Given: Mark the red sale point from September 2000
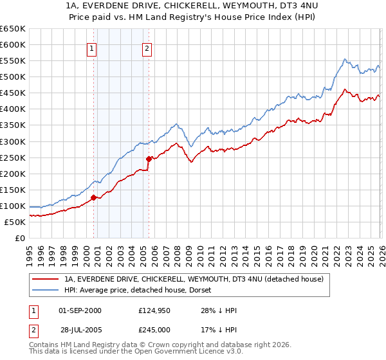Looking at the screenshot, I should [x=93, y=197].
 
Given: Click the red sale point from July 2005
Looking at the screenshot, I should [x=149, y=159].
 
